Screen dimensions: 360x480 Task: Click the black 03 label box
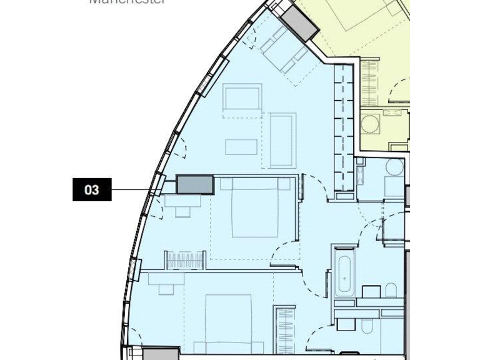pos(92,189)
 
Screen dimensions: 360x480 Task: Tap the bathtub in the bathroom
pos(344,273)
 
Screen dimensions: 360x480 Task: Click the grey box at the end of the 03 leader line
pos(195,185)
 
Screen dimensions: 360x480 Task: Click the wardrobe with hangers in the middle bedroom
pos(184,259)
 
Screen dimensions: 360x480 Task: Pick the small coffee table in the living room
pos(241,146)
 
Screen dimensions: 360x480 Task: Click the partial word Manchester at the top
pos(127,2)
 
